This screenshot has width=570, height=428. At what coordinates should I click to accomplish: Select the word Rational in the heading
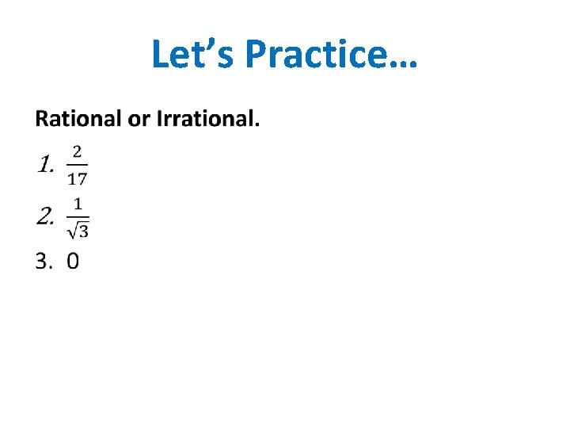[77, 120]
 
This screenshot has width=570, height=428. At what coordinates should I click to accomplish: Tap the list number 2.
[44, 216]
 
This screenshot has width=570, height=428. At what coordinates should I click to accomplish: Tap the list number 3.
[42, 261]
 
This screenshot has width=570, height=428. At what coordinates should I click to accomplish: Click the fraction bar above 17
[77, 165]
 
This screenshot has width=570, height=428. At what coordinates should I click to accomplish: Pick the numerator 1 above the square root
[77, 203]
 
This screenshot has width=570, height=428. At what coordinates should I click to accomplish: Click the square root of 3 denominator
[78, 230]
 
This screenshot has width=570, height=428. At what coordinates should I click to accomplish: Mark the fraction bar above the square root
[78, 216]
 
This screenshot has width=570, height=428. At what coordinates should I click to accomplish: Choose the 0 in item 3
[73, 261]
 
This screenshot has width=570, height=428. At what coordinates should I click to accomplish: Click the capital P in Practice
[256, 54]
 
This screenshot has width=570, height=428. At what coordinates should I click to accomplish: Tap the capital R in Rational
[41, 120]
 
